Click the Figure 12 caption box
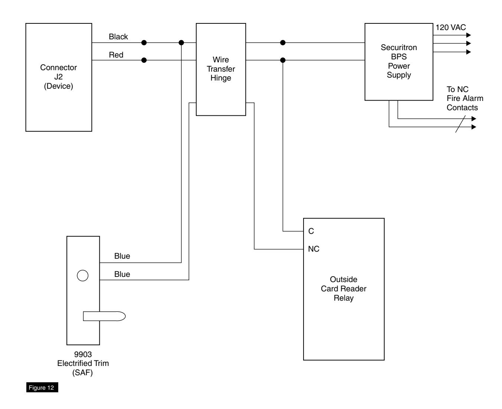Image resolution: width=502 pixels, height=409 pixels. [42, 387]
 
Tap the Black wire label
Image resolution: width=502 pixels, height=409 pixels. [118, 36]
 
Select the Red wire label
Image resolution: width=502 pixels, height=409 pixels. [116, 55]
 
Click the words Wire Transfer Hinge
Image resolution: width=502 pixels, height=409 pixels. [221, 69]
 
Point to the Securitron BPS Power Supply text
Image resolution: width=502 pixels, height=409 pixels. [398, 61]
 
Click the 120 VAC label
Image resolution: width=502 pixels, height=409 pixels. [450, 27]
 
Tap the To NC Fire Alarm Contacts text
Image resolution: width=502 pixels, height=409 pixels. [465, 98]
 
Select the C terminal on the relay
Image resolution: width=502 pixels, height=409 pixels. [311, 231]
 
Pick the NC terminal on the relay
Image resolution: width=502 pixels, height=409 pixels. [314, 249]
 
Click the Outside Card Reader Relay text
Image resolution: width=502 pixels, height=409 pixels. [344, 288]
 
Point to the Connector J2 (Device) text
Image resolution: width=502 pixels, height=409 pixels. [59, 76]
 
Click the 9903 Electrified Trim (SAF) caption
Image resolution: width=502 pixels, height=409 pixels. [83, 363]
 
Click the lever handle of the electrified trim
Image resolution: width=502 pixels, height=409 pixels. [104, 316]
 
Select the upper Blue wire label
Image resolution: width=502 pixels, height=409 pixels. [122, 256]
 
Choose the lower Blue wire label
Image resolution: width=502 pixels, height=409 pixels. [122, 274]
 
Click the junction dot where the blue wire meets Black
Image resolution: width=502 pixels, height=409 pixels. [181, 43]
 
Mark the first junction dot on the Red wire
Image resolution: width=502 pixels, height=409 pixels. [144, 60]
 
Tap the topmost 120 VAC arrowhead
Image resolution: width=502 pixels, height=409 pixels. [469, 35]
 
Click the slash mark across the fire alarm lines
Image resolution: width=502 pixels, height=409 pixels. [460, 124]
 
